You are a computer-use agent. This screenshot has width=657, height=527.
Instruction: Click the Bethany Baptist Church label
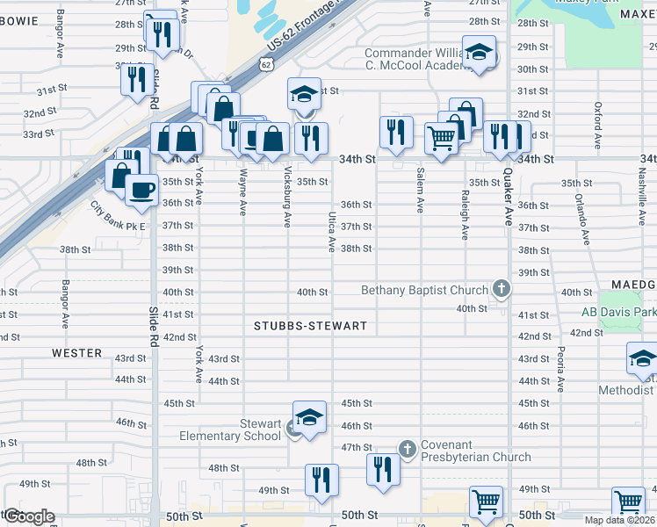(x=424, y=291)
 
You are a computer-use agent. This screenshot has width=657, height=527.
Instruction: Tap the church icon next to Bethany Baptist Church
(x=501, y=288)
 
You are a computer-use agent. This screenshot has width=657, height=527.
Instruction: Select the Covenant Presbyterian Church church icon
(x=407, y=449)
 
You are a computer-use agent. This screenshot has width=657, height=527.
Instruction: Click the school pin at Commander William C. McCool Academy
(x=480, y=54)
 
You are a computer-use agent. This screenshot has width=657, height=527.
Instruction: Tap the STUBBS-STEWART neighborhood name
(x=310, y=326)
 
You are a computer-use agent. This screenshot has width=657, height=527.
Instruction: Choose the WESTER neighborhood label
(x=76, y=353)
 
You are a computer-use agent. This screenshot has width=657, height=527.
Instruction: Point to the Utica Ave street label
(x=332, y=232)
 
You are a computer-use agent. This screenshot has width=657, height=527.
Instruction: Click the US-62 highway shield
(x=267, y=64)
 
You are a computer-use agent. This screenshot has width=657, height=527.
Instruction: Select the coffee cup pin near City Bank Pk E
(x=141, y=189)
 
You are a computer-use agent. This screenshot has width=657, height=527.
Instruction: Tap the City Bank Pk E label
(x=117, y=216)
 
